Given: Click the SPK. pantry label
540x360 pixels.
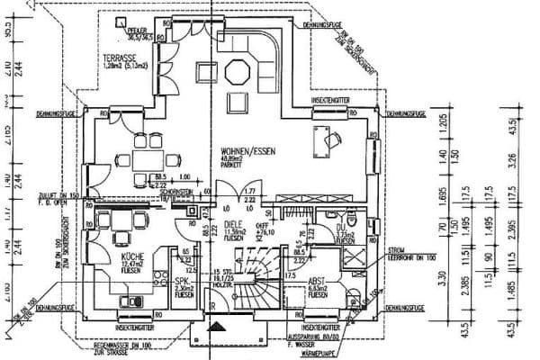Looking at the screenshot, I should click(181, 282).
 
